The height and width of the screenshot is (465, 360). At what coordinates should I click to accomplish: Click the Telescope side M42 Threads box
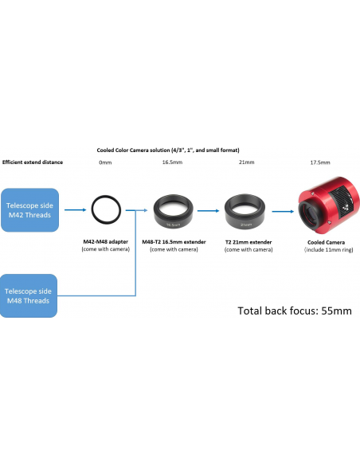click(30, 210)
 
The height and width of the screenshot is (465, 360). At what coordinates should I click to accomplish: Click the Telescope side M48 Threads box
click(29, 295)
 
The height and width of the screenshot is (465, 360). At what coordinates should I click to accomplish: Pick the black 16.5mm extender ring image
click(173, 211)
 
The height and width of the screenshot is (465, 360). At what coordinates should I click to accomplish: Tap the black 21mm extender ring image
click(245, 211)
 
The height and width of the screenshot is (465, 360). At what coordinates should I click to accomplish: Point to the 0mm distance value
click(105, 162)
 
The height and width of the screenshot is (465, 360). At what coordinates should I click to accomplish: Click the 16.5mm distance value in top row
click(172, 162)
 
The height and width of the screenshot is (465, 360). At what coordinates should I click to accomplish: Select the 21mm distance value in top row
click(247, 162)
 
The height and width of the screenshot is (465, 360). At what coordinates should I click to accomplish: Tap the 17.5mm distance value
click(320, 162)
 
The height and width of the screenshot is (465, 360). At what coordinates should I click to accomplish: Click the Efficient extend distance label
click(33, 162)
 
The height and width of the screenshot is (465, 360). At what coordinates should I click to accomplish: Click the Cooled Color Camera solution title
click(168, 150)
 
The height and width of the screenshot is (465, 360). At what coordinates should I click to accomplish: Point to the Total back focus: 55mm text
click(295, 311)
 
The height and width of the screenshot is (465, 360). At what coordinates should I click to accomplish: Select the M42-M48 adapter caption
click(106, 242)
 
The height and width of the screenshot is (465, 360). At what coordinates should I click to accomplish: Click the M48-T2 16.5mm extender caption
click(174, 242)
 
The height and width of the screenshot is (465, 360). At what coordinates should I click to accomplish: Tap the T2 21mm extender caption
click(248, 242)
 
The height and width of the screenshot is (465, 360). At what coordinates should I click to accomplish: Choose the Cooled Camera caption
click(327, 242)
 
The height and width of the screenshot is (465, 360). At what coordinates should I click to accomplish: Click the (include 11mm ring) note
click(329, 250)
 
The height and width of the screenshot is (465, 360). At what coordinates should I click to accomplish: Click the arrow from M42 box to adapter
click(76, 210)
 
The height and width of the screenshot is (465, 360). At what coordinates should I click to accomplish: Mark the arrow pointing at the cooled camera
click(283, 212)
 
